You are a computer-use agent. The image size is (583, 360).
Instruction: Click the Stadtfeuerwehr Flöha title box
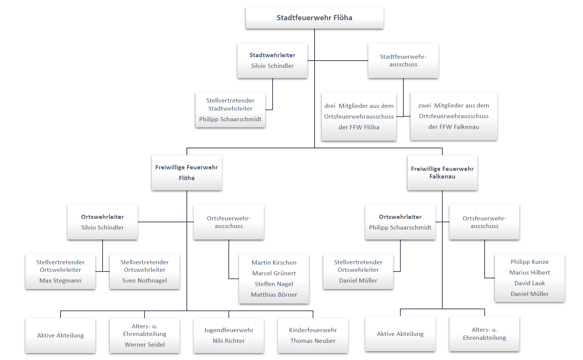[314, 18]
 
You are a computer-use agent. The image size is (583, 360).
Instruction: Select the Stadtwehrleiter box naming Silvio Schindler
[272, 61]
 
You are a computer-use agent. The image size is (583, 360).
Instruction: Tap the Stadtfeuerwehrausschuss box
[403, 61]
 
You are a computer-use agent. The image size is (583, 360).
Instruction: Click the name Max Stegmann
[60, 281]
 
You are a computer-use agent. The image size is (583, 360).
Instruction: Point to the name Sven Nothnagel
[145, 281]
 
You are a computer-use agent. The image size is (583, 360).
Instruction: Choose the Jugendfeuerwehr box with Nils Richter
[229, 335]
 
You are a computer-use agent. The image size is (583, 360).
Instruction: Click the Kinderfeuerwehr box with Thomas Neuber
[313, 335]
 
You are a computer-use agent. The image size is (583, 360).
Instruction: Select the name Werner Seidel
[145, 345]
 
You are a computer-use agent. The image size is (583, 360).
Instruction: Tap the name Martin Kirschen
[274, 263]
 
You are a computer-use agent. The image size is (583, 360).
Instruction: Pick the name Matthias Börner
[274, 295]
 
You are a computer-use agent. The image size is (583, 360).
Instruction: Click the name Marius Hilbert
[530, 273]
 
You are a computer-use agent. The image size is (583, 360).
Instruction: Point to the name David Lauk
[530, 283]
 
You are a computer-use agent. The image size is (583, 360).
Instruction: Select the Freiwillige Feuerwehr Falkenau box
[442, 173]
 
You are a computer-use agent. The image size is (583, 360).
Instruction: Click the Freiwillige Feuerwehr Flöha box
[186, 173]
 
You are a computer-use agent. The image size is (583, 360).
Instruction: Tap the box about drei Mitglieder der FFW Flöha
[359, 116]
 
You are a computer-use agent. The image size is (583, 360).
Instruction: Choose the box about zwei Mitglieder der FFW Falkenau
[453, 116]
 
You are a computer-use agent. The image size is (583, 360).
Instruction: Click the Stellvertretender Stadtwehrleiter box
[230, 110]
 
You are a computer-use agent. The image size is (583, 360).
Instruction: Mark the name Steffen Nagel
[274, 284]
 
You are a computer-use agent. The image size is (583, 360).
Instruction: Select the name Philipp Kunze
[530, 262]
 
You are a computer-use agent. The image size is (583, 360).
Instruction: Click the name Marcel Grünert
[274, 273]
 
